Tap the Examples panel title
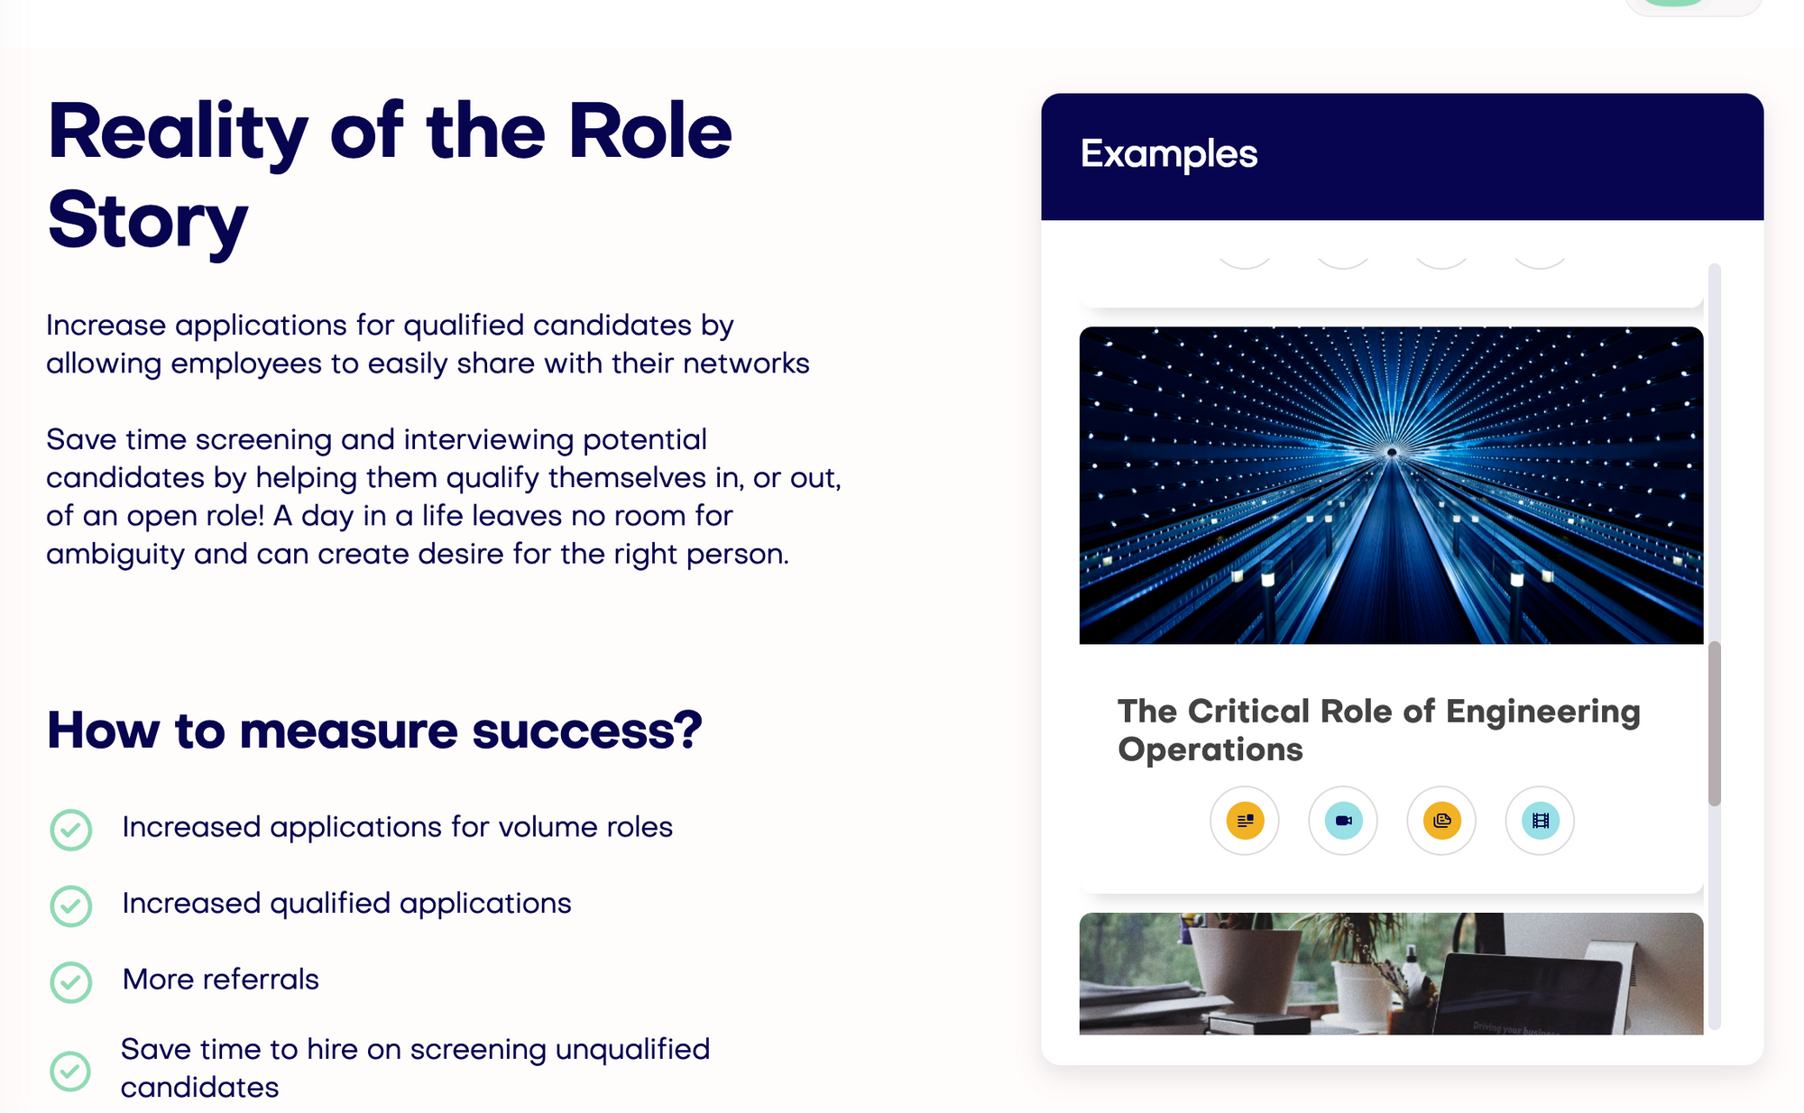pos(1169,154)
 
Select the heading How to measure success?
pos(374,730)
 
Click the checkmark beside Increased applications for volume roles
pos(71,830)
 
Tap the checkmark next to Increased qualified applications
pos(71,906)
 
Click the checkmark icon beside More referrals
pos(71,982)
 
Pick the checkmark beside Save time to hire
pos(70,1071)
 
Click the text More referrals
pos(221,980)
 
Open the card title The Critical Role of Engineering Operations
pos(1379,731)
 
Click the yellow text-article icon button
pos(1245,821)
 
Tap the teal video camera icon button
pos(1343,821)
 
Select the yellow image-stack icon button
pos(1441,821)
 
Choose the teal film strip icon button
pos(1540,821)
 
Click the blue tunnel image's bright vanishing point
pos(1392,452)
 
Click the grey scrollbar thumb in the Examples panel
pos(1715,723)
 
